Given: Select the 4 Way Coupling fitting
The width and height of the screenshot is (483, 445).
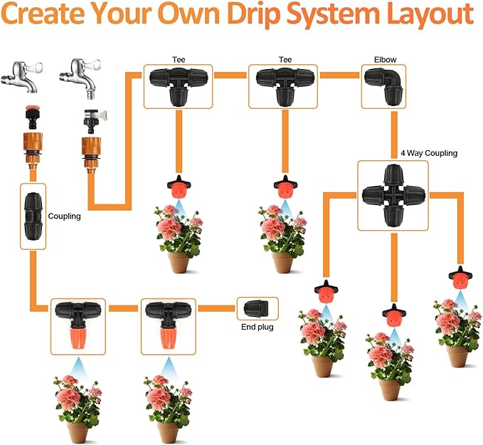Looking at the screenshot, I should [393, 194].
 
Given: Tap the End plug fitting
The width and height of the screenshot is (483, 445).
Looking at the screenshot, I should [257, 308].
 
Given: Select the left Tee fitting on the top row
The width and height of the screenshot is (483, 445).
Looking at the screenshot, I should [178, 85].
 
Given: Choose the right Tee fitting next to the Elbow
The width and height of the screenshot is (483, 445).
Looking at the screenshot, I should [282, 85].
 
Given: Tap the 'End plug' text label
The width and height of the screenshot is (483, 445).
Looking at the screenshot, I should [256, 328].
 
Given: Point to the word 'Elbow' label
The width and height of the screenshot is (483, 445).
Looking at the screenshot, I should [386, 61].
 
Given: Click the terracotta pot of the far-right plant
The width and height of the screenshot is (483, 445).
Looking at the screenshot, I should [457, 356].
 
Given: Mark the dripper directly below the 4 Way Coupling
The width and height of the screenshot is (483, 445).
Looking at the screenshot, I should [391, 314].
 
